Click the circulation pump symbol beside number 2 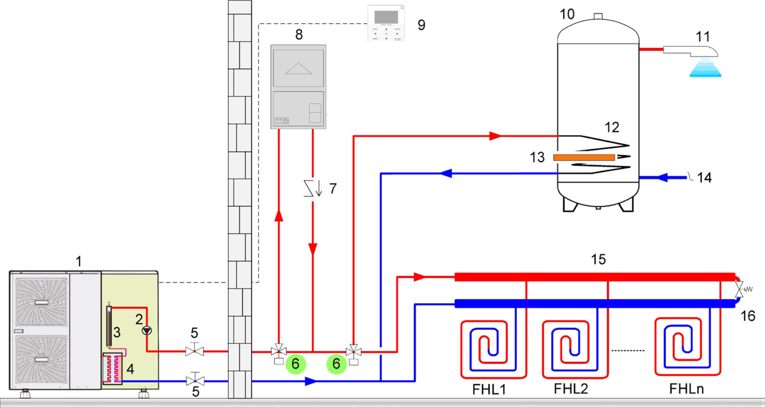click(x=147, y=331)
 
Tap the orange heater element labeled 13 click(x=584, y=157)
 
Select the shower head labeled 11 click(x=695, y=51)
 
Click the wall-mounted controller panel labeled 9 click(x=386, y=24)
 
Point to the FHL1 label click(x=489, y=390)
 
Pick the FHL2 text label click(x=571, y=389)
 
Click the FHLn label click(x=686, y=389)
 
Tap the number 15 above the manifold click(x=598, y=260)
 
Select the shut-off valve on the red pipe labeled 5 click(x=194, y=351)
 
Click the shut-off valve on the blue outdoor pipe click(x=195, y=380)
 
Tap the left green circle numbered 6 click(x=295, y=364)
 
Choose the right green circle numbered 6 click(x=336, y=364)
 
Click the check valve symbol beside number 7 click(x=312, y=188)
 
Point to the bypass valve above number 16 click(x=739, y=289)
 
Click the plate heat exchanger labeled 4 click(x=112, y=368)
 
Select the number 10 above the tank click(x=567, y=14)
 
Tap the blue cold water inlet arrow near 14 click(x=662, y=178)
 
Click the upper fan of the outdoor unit click(x=41, y=302)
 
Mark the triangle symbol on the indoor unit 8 click(x=298, y=69)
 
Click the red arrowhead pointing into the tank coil click(x=495, y=136)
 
